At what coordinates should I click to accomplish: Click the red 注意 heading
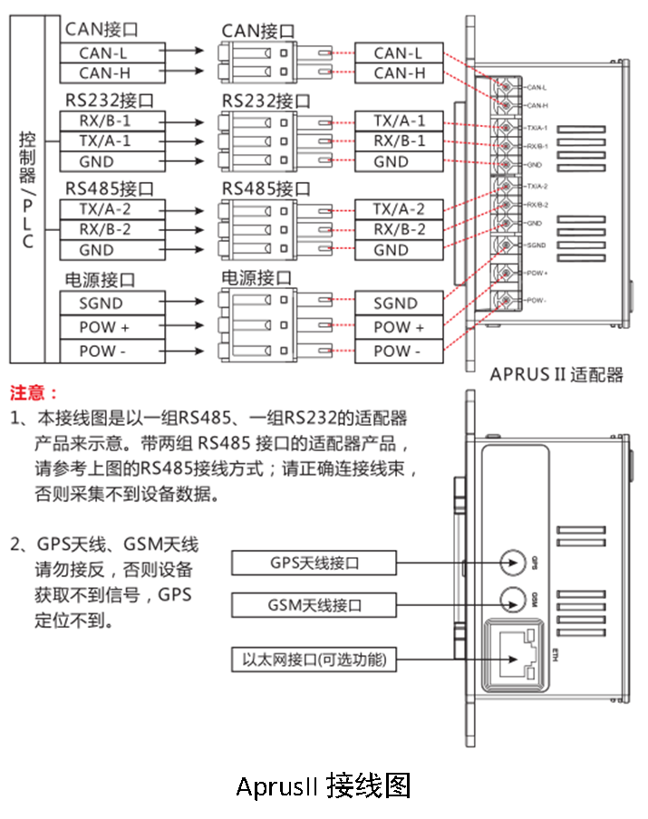(x=34, y=393)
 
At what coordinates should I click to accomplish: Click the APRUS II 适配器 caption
(x=556, y=374)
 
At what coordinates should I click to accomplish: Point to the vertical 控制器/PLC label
(x=27, y=190)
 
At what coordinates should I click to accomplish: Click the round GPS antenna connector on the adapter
(x=515, y=562)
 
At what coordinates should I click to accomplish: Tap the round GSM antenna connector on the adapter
(x=515, y=598)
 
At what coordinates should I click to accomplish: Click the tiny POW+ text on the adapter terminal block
(x=537, y=271)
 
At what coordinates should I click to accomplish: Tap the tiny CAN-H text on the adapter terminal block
(x=537, y=106)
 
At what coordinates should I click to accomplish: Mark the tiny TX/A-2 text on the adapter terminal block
(x=537, y=186)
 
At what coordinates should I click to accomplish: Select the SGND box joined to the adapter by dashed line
(x=396, y=304)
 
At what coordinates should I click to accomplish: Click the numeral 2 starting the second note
(x=15, y=544)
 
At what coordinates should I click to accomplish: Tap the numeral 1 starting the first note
(x=15, y=419)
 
